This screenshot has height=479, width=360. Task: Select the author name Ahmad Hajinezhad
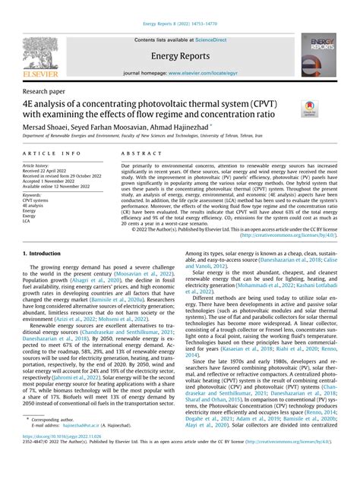tap(181, 127)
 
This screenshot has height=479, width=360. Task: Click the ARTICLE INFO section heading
tap(47, 153)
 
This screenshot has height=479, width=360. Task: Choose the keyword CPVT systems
tap(38, 200)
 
